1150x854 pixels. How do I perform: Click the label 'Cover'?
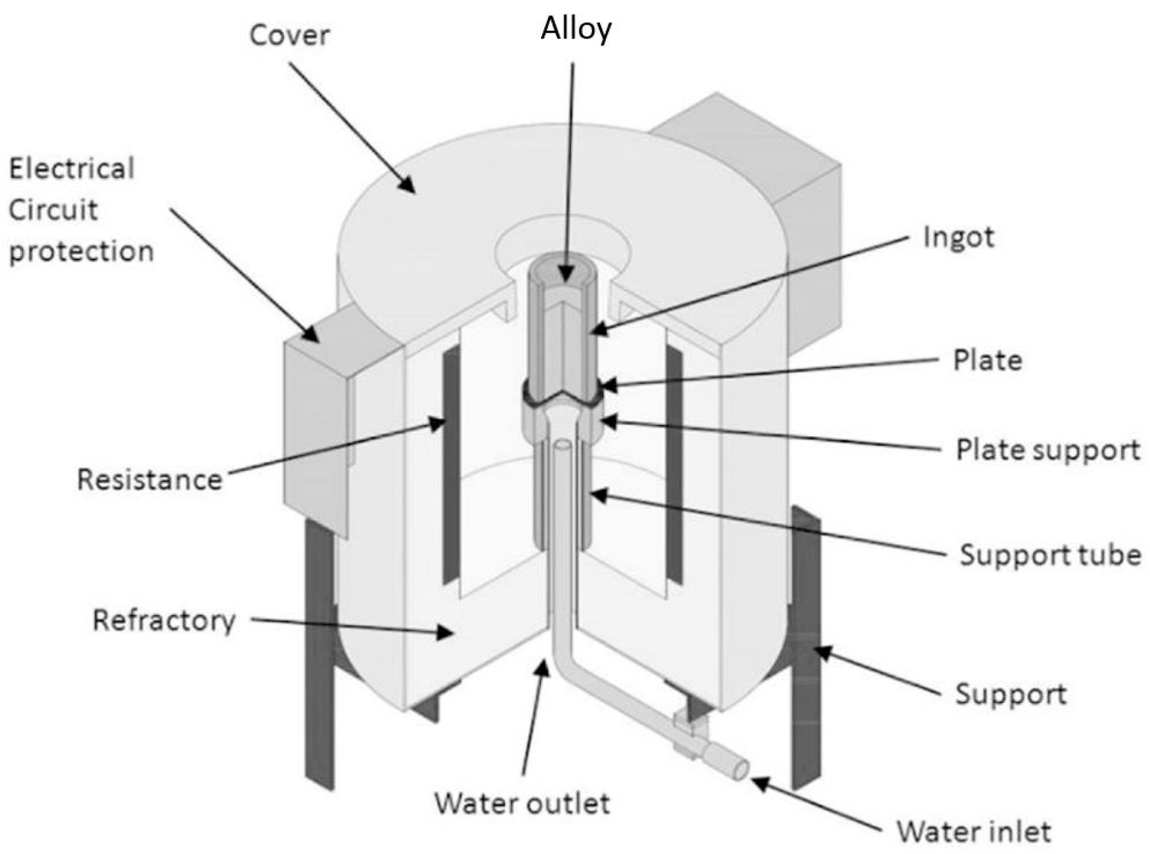pos(289,35)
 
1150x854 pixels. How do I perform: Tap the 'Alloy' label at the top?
pos(576,29)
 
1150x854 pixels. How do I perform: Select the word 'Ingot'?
pos(958,238)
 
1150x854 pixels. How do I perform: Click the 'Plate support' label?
pos(1047,450)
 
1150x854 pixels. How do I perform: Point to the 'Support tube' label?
pos(1050,555)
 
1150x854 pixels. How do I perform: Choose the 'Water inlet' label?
pos(973,832)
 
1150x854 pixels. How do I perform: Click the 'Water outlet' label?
pos(522,804)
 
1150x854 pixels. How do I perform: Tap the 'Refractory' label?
pos(164,621)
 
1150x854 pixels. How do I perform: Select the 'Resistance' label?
pos(149,480)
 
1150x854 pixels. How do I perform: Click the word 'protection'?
pos(82,251)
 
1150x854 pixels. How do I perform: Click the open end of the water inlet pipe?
pos(741,769)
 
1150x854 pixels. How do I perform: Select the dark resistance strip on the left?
pos(452,463)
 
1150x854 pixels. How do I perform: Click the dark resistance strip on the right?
pos(674,463)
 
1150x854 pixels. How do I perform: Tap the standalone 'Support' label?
pos(1010,695)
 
